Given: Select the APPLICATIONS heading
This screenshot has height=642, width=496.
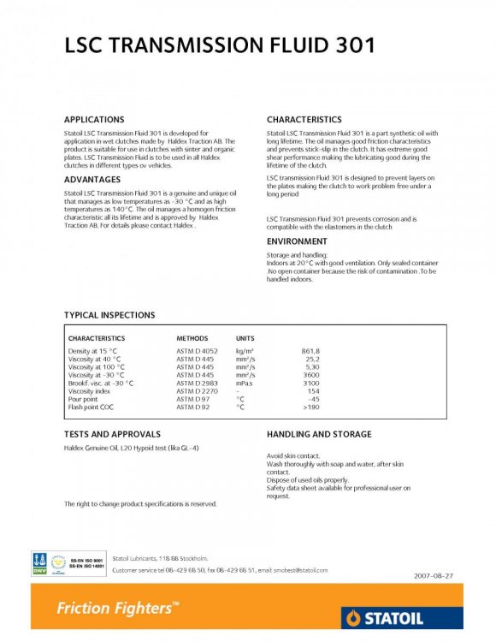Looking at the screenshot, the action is [x=94, y=120].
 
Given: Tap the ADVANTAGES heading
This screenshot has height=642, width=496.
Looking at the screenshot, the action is [x=93, y=180].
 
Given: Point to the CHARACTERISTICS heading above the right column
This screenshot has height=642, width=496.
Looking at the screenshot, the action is [x=304, y=120].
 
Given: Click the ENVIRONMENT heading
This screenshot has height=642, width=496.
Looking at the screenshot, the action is [x=297, y=241].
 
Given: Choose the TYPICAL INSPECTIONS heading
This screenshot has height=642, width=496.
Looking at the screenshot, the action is [x=109, y=315].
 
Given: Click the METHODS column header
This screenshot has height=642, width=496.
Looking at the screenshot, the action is [x=192, y=339].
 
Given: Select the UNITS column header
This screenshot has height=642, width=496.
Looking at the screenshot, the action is [x=245, y=339].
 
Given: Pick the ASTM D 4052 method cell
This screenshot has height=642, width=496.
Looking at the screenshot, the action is [x=198, y=352].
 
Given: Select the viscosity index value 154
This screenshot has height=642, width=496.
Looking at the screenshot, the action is [x=313, y=391].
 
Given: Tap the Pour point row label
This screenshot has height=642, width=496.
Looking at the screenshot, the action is [x=84, y=399].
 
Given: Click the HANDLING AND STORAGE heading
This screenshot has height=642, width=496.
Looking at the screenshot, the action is [x=319, y=435].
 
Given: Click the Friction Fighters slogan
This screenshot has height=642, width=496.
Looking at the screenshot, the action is [x=118, y=609].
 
